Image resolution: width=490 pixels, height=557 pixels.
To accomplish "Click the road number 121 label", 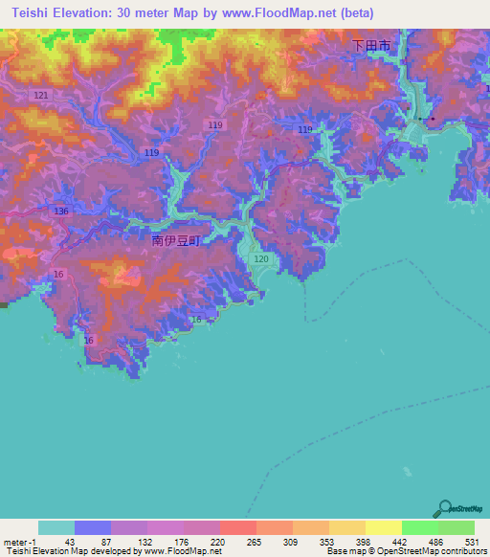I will tap(40, 96).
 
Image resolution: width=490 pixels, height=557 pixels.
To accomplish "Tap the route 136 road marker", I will tap(61, 211).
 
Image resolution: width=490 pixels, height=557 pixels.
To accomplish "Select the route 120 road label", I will tap(261, 259).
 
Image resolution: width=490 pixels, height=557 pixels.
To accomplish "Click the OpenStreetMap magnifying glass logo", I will tap(442, 508).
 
